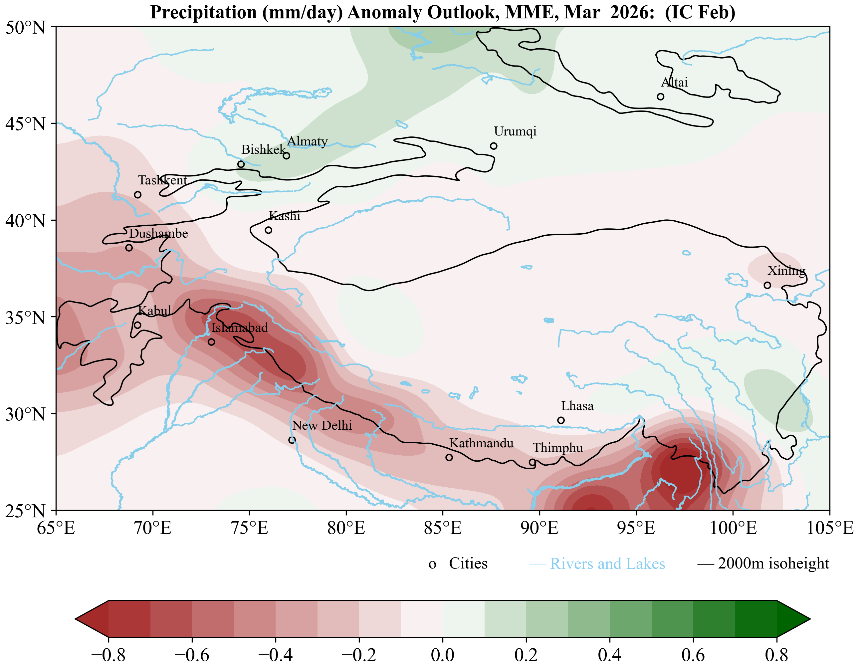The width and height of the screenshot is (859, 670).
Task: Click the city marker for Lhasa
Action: pyautogui.click(x=561, y=420)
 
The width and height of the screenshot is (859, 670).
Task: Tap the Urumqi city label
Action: pyautogui.click(x=515, y=131)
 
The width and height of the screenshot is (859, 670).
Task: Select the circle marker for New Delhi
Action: pyautogui.click(x=292, y=440)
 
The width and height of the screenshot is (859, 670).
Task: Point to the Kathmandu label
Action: pyautogui.click(x=481, y=443)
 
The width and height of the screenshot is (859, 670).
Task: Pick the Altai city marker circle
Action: pyautogui.click(x=660, y=97)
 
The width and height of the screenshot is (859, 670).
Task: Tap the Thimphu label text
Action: pyautogui.click(x=557, y=448)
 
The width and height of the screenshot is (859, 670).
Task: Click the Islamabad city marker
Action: pyautogui.click(x=211, y=342)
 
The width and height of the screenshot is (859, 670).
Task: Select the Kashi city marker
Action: pyautogui.click(x=268, y=230)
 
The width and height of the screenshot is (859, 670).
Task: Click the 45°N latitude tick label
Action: pyautogui.click(x=26, y=124)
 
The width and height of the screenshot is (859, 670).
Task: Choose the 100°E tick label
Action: pyautogui.click(x=733, y=528)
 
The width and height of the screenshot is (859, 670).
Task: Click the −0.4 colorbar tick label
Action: pyautogui.click(x=275, y=655)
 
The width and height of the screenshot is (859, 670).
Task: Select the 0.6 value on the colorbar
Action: pyautogui.click(x=693, y=655)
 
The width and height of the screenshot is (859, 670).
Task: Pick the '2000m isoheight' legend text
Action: pyautogui.click(x=773, y=563)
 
